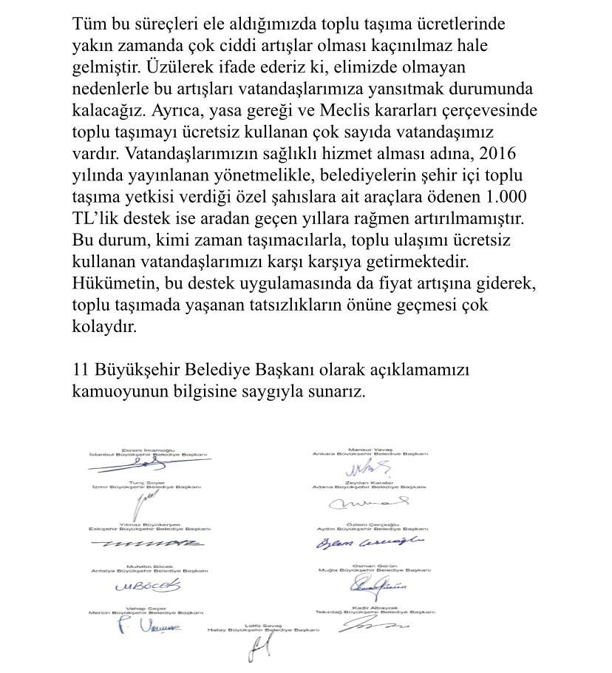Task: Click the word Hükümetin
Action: [111, 285]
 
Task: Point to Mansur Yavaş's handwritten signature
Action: [371, 467]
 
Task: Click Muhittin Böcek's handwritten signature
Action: [147, 586]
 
